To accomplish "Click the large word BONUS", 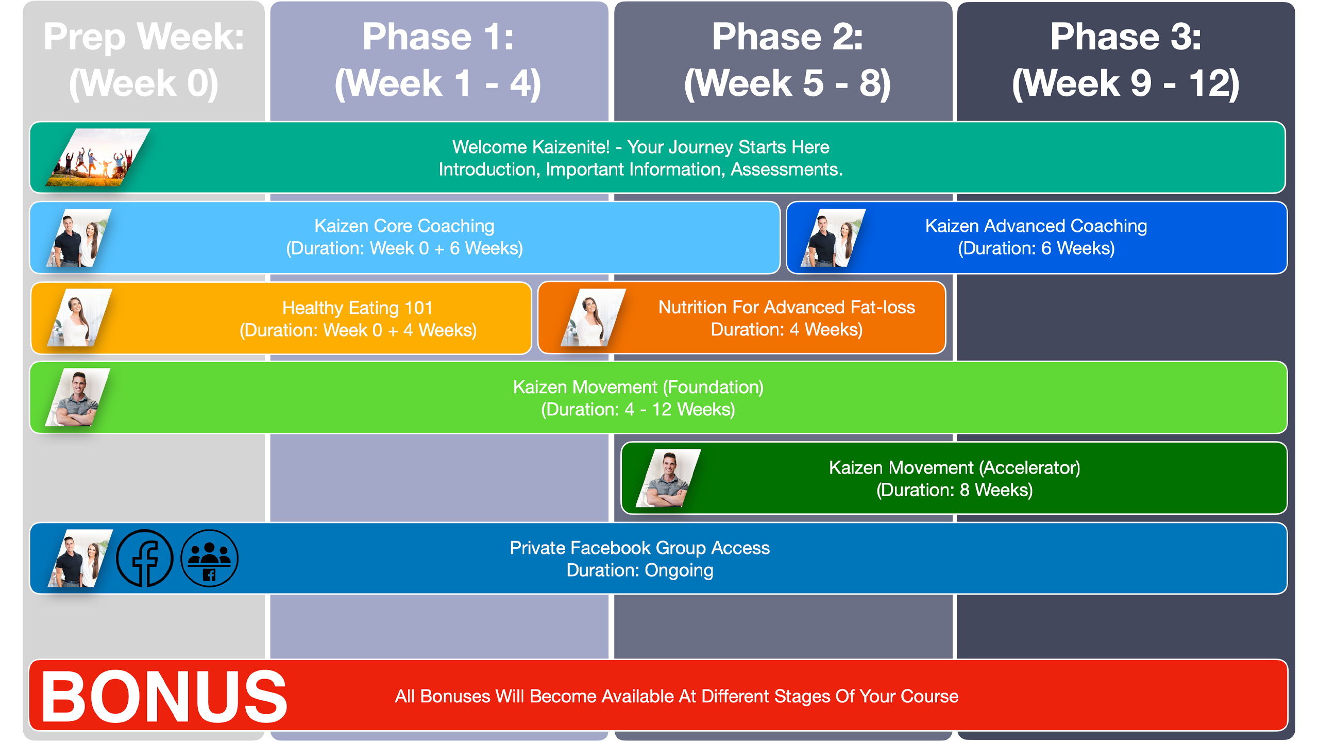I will pos(164,697).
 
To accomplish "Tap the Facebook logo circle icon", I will pos(145,558).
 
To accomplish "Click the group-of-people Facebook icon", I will pos(210,558).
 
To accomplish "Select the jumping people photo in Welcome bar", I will pos(98,157).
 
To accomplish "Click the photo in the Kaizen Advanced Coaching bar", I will pos(834,238).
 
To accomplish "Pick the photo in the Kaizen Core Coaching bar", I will pos(79,238).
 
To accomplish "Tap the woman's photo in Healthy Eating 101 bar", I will pos(80,317).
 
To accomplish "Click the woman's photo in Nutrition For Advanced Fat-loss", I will pos(594,317).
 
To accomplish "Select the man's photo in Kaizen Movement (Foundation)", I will pos(78,397).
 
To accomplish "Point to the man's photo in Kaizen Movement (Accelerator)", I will pos(668,478).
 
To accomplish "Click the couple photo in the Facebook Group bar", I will pos(80,558).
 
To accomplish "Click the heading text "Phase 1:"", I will pos(438,37).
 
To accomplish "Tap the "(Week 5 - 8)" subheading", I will pos(787,83).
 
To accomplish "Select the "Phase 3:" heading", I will pos(1126,37).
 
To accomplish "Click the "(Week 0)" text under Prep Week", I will pos(144,83).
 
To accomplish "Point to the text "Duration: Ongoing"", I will pos(640,570).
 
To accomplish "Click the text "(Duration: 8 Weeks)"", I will pos(954,490).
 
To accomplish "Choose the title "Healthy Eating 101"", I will pos(358,308).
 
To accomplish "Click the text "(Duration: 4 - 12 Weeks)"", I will pos(638,410).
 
